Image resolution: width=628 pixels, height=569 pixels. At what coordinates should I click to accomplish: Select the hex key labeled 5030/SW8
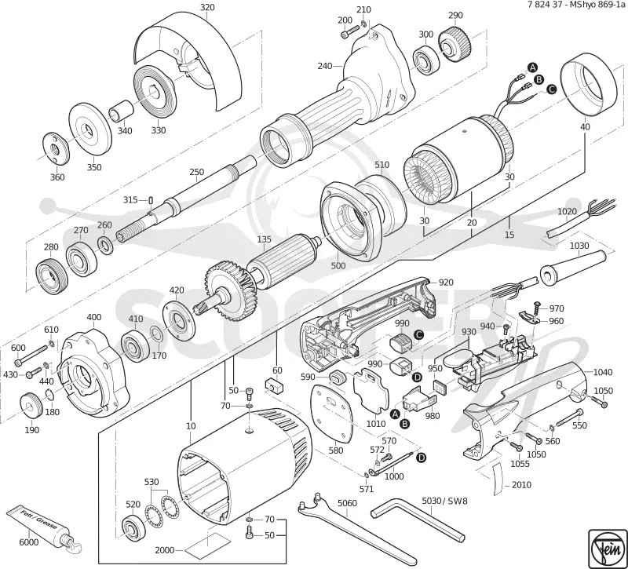(417, 516)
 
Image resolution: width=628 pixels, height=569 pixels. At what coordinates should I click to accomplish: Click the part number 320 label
(207, 7)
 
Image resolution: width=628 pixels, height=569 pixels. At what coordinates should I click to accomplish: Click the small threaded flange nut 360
(56, 149)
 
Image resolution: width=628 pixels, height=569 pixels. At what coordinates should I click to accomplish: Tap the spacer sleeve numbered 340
(121, 110)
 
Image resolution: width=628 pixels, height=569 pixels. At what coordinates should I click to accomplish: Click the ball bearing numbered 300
(425, 61)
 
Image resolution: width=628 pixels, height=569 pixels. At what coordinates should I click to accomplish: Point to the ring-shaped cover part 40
(588, 88)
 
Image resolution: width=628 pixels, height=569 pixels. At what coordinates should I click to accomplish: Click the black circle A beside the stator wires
(532, 67)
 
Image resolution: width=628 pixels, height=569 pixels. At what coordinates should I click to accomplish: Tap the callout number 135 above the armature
(264, 239)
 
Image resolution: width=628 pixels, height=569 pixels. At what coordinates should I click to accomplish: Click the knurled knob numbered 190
(31, 407)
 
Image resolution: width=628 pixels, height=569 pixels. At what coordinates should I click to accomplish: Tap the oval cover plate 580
(332, 413)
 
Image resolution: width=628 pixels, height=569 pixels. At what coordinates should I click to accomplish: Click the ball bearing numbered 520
(133, 527)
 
